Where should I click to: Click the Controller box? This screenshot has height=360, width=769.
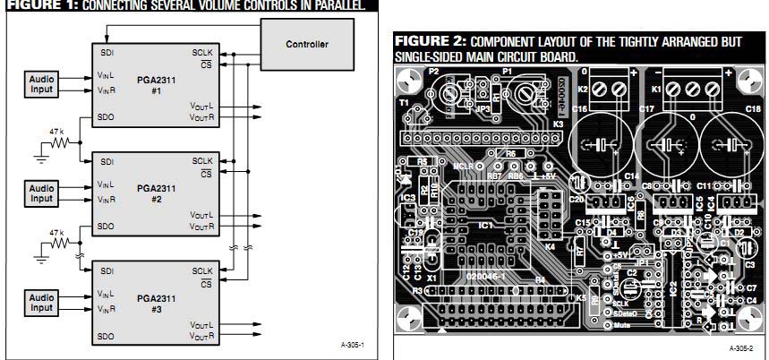coord(306,43)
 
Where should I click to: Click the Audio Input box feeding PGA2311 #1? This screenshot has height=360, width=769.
coord(41,83)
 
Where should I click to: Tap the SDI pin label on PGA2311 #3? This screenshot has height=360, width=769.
coord(107,270)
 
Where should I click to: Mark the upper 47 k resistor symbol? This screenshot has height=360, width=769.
coord(58,141)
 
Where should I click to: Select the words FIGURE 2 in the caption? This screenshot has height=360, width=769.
coord(429,42)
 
